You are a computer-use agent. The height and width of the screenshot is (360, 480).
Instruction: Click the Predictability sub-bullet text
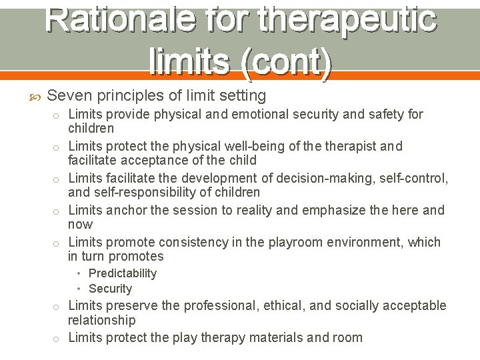point(122,273)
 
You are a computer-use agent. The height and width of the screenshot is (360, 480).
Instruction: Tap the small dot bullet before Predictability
point(79,273)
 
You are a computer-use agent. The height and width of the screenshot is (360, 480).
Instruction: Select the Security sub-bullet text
point(110,289)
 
